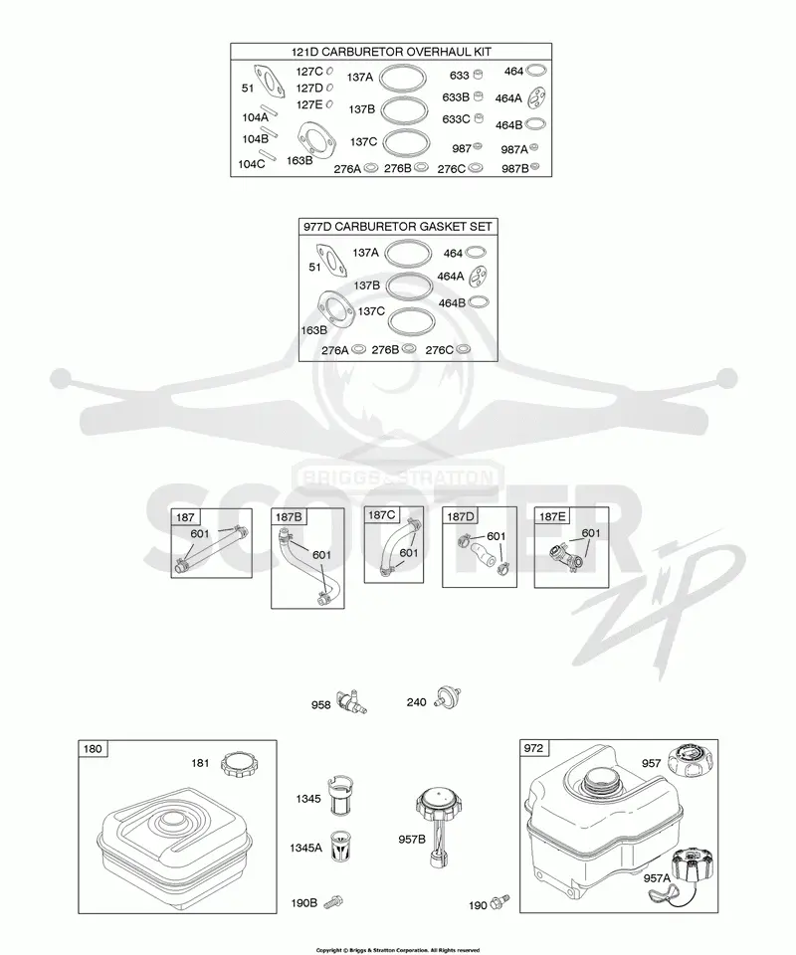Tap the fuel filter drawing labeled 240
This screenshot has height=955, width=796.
448,698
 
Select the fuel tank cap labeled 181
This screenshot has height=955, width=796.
239,764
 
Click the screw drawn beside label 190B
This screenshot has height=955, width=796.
333,901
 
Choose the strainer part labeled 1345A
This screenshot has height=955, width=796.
341,846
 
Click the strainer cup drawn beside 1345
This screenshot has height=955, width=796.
341,796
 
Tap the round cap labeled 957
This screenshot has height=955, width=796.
690,761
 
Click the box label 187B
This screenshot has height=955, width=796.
289,517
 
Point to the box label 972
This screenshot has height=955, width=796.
533,748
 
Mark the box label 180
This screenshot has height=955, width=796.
93,748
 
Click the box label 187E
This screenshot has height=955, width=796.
552,516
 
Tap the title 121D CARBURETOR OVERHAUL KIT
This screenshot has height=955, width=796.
391,52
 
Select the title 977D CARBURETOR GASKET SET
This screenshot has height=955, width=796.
398,227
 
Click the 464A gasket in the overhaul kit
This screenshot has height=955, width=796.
536,96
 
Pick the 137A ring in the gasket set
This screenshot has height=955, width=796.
408,253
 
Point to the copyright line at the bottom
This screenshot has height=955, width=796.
398,950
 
